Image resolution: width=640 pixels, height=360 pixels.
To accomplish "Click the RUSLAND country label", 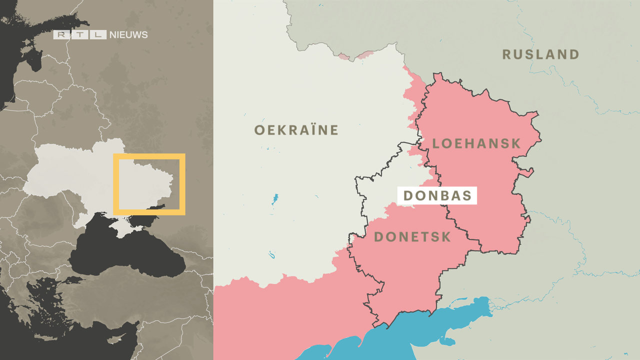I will point(540,54).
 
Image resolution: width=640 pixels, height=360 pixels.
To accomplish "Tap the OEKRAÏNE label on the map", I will point(296,130).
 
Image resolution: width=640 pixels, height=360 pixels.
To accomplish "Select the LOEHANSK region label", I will point(476,144).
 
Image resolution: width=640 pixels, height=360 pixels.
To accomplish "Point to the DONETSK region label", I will point(412,237).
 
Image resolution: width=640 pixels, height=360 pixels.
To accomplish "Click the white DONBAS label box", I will point(437,195).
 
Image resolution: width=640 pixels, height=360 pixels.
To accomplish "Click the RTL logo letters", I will point(80,35).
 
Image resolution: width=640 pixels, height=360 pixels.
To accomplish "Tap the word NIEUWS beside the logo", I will point(128,35).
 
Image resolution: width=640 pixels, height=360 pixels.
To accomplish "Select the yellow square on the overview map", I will point(149,156).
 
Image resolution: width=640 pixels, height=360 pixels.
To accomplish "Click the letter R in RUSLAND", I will point(507,54).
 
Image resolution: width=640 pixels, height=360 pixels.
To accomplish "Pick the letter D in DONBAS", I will point(408,195).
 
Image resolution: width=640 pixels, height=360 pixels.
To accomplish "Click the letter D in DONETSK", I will point(379,237).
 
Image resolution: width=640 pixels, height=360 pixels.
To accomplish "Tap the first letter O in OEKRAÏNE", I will point(259,130).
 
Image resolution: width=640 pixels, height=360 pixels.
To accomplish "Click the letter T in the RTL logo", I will point(80,35).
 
